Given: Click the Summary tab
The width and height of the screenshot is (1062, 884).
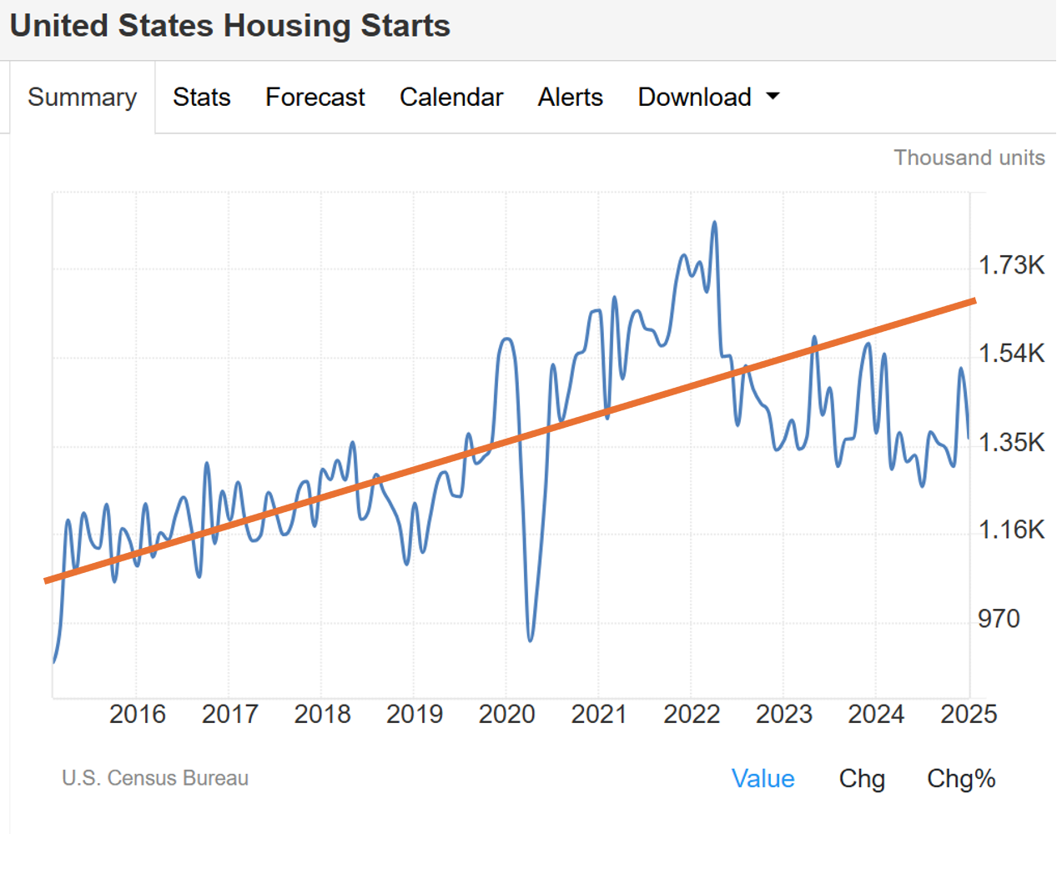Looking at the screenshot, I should [x=82, y=98].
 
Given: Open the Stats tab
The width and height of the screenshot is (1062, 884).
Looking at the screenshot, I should [x=201, y=98].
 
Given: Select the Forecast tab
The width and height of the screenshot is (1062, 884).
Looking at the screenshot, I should [x=315, y=98].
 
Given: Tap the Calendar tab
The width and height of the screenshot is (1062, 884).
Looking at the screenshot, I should [x=450, y=98].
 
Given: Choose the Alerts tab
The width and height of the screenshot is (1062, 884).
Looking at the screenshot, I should [x=570, y=98].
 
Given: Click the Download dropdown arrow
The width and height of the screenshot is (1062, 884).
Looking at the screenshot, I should [x=773, y=97].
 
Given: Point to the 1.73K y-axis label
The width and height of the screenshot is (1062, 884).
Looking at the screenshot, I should [x=1011, y=265].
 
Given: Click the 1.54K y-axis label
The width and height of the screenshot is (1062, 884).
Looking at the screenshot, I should [x=1011, y=354].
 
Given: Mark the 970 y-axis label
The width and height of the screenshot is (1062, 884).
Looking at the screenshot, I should [x=999, y=619].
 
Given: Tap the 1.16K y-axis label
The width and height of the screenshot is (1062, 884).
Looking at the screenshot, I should [x=1011, y=530].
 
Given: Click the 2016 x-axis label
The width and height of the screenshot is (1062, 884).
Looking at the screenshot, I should [x=138, y=715].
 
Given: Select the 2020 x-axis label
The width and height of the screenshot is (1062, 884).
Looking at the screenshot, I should [x=506, y=715].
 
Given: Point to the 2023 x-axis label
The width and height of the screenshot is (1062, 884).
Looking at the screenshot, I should [x=783, y=715].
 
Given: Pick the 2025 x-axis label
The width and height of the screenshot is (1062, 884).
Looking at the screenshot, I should [x=969, y=715].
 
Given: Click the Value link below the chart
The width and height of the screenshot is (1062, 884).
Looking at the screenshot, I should [x=763, y=779].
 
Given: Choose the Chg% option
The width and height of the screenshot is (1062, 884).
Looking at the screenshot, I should [x=961, y=779].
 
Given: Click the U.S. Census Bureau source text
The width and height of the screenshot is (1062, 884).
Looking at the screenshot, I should [x=155, y=778].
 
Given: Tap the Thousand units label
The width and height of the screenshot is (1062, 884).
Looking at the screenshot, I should [x=969, y=158].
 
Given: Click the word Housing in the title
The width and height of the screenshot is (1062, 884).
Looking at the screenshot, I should [x=287, y=26].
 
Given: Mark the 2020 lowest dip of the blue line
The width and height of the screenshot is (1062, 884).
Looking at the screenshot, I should [x=531, y=640].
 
